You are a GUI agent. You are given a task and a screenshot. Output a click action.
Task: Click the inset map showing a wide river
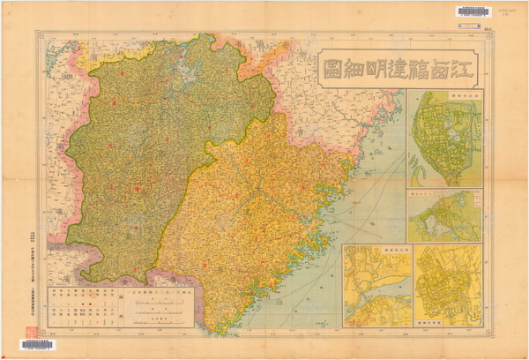(x=376, y=287)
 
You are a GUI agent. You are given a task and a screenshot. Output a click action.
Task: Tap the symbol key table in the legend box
(x=85, y=305)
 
